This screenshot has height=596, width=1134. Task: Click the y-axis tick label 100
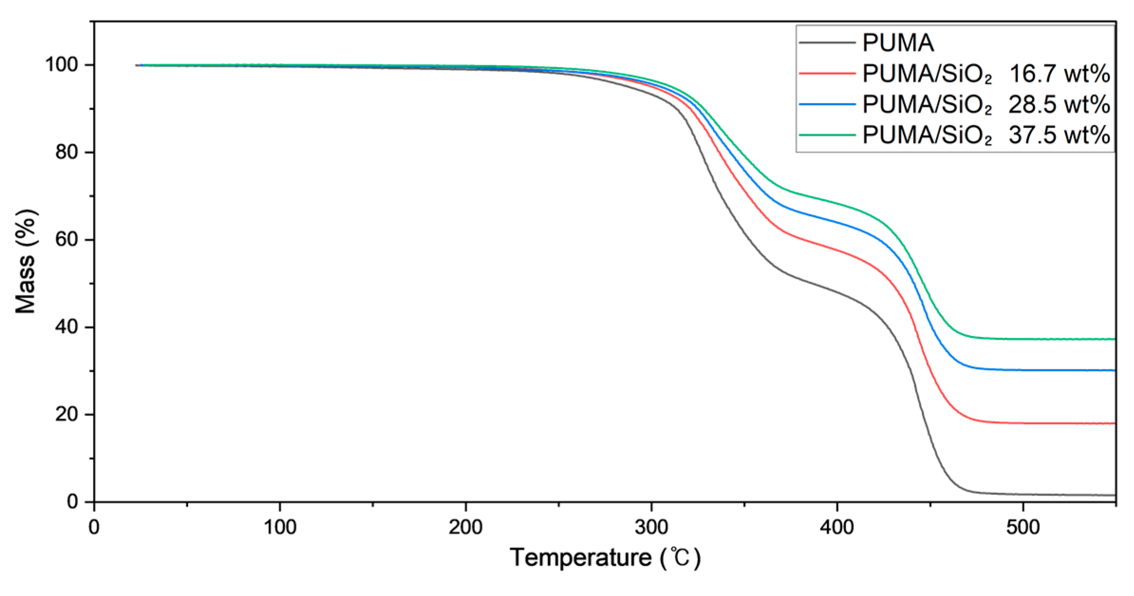pyautogui.click(x=62, y=65)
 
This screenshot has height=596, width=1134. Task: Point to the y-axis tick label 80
pyautogui.click(x=66, y=152)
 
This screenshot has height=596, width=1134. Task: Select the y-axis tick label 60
pyautogui.click(x=66, y=239)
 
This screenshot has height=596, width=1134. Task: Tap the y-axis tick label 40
pyautogui.click(x=66, y=327)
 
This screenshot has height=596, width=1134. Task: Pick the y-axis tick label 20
pyautogui.click(x=66, y=414)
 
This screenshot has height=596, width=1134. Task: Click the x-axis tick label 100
pyautogui.click(x=280, y=527)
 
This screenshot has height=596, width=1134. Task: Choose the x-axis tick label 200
pyautogui.click(x=465, y=527)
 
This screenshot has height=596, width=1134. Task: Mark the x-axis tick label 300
pyautogui.click(x=651, y=527)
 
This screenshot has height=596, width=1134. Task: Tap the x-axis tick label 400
pyautogui.click(x=837, y=527)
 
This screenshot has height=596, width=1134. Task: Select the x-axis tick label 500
pyautogui.click(x=1022, y=527)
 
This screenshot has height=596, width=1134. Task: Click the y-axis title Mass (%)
pyautogui.click(x=26, y=261)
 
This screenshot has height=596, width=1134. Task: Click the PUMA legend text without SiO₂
pyautogui.click(x=898, y=43)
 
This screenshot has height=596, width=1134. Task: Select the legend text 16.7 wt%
pyautogui.click(x=1059, y=74)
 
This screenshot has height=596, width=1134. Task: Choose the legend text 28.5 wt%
pyautogui.click(x=1059, y=104)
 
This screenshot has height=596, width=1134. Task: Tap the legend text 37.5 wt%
pyautogui.click(x=1059, y=135)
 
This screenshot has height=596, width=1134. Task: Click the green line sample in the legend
pyautogui.click(x=827, y=135)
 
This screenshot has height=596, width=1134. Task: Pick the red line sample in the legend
pyautogui.click(x=827, y=74)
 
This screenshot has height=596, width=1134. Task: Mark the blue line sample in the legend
pyautogui.click(x=827, y=104)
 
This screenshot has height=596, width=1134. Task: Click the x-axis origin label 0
pyautogui.click(x=94, y=527)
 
